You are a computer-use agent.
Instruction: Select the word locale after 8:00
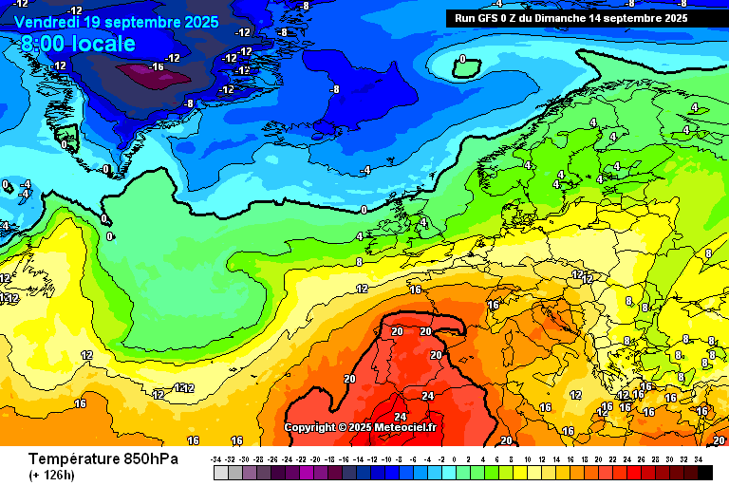coord(106,44)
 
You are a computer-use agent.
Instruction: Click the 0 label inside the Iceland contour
coord(462,59)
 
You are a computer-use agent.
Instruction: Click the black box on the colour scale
coord(704,473)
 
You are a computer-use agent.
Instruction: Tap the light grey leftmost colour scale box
coord(220,473)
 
